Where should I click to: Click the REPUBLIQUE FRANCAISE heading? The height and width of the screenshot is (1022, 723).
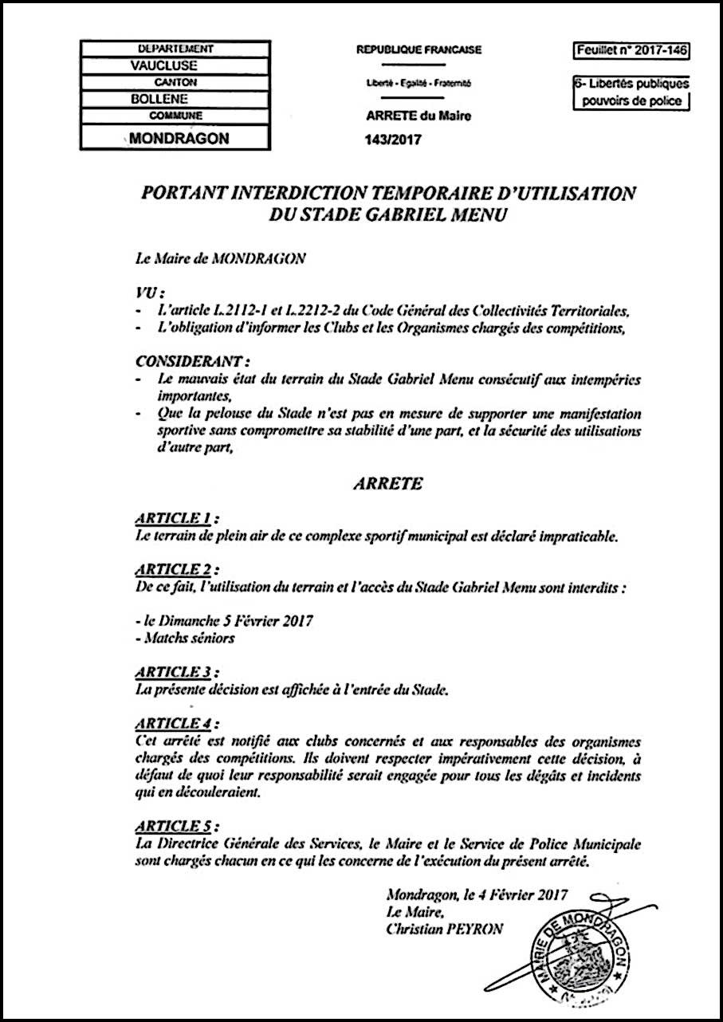(418, 50)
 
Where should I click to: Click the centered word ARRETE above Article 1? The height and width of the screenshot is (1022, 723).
(387, 484)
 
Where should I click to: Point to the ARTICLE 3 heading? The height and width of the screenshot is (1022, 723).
(176, 672)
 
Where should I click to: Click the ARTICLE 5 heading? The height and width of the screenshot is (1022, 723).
(176, 825)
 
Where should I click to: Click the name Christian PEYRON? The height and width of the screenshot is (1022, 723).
(444, 930)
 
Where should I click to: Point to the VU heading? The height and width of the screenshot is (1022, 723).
(146, 293)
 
